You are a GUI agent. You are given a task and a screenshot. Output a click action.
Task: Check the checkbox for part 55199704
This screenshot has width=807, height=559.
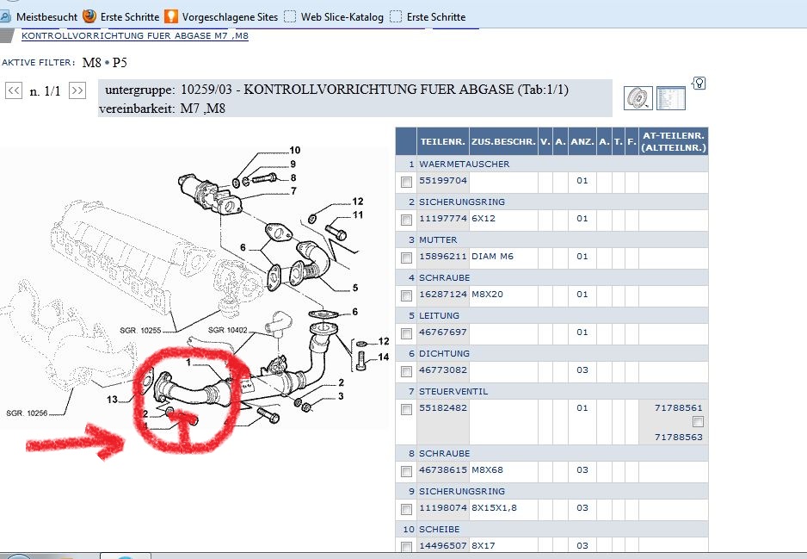[x=407, y=182]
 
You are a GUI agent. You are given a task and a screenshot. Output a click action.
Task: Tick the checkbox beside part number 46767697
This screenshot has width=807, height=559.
[x=407, y=333]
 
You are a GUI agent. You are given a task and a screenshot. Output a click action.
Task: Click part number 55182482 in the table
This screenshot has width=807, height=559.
[x=443, y=407]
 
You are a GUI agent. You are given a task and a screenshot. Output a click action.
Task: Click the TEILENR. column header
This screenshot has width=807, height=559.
[x=442, y=141]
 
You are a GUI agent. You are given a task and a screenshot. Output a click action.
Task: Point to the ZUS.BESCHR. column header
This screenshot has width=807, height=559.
[x=503, y=141]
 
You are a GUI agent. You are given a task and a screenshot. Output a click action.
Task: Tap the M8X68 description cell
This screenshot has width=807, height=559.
[x=488, y=470]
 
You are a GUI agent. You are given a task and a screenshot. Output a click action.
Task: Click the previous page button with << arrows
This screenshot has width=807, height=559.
[x=14, y=90]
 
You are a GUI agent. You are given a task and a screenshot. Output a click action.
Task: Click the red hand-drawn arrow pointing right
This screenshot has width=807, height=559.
[x=75, y=442]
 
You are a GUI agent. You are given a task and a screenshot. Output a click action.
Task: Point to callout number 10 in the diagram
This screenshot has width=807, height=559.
[x=295, y=150]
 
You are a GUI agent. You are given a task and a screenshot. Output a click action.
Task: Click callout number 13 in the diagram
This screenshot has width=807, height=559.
[x=112, y=400]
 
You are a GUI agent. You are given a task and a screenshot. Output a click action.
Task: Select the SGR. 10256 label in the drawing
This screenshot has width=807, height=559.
[x=27, y=413]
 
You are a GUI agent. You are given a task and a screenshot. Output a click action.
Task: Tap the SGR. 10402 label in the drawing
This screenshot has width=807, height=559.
[x=227, y=330]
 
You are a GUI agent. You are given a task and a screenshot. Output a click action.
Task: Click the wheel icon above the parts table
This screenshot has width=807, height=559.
[x=638, y=98]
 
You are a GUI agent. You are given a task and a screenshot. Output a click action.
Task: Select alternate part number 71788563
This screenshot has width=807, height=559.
[x=678, y=437]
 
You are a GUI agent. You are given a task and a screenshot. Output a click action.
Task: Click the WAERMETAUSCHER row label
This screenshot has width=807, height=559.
[x=465, y=164]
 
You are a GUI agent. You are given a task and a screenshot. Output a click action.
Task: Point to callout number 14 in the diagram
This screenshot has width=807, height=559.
[x=384, y=357]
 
